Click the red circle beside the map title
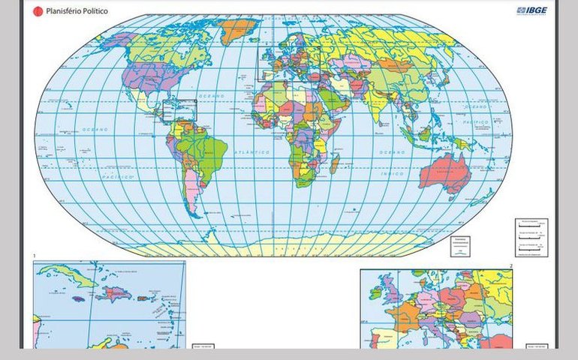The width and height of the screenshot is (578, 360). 38,12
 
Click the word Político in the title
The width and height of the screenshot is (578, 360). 92,12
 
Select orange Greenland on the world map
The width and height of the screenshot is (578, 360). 239,31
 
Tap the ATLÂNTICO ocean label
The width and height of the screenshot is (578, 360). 251,152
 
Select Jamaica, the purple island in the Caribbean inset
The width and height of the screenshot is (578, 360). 78,298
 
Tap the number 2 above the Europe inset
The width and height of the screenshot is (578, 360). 511,265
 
